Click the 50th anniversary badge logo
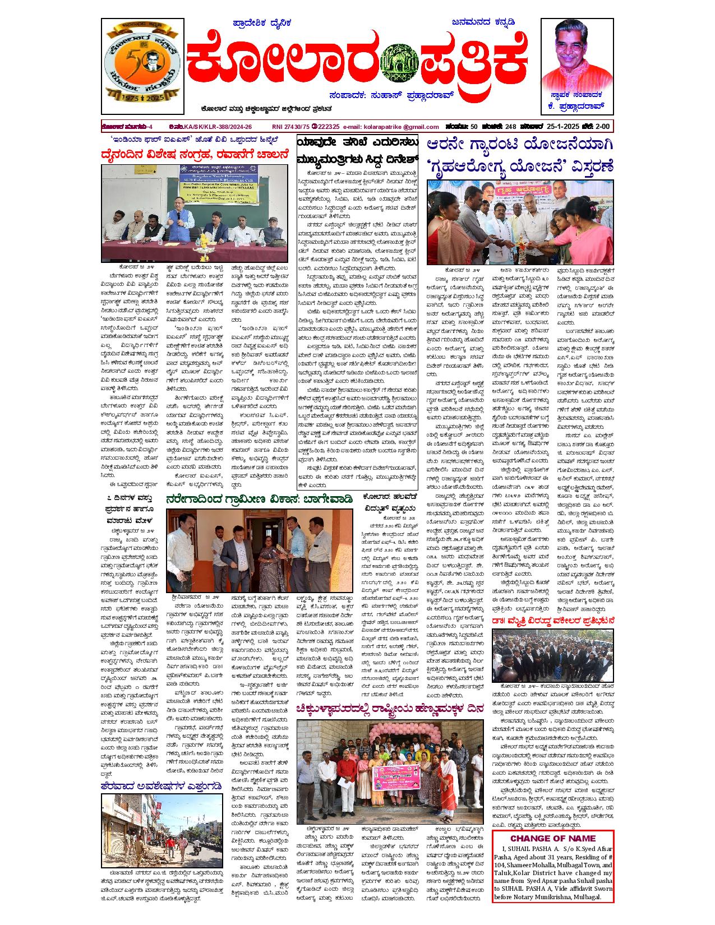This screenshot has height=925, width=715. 141,66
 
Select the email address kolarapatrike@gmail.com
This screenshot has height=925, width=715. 391,127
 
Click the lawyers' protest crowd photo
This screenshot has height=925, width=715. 553,655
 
